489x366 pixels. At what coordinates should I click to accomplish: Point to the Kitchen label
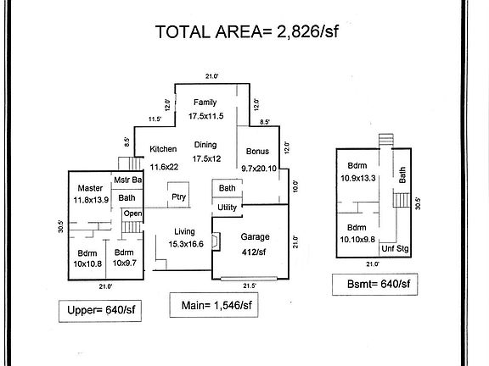pyautogui.click(x=163, y=149)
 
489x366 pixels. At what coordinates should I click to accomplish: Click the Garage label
pyautogui.click(x=255, y=236)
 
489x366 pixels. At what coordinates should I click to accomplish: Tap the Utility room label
pyautogui.click(x=228, y=207)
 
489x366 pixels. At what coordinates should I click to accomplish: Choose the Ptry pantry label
pyautogui.click(x=178, y=197)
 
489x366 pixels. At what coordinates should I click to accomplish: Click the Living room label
pyautogui.click(x=185, y=231)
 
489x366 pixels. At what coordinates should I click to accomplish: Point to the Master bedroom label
pyautogui.click(x=90, y=187)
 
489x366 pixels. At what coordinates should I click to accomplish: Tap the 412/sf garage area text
pyautogui.click(x=255, y=251)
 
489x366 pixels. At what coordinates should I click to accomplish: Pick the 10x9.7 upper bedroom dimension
pyautogui.click(x=124, y=263)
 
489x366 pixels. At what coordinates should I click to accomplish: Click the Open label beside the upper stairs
pyautogui.click(x=132, y=213)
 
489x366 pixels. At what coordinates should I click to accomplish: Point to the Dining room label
pyautogui.click(x=205, y=144)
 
